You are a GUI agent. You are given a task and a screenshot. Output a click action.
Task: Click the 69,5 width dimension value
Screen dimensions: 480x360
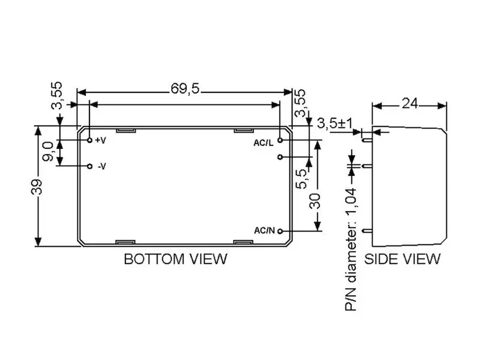[x=185, y=89]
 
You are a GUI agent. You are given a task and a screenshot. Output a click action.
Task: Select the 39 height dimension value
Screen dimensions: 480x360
[x=37, y=187]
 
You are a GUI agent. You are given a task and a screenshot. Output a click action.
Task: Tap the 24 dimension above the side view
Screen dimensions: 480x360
[x=410, y=103]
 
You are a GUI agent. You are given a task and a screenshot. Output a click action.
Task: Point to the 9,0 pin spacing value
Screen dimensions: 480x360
[x=48, y=151]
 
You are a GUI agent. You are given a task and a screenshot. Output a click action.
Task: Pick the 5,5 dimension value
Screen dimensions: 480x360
[x=301, y=179]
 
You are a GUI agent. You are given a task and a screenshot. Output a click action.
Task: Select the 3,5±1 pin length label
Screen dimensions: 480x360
[x=335, y=124]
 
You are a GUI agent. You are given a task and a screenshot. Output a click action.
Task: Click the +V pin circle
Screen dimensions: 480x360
[x=89, y=140]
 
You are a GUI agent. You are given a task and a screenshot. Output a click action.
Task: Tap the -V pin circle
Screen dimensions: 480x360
[x=89, y=166]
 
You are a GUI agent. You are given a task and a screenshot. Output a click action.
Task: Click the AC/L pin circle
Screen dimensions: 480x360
[x=280, y=140]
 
